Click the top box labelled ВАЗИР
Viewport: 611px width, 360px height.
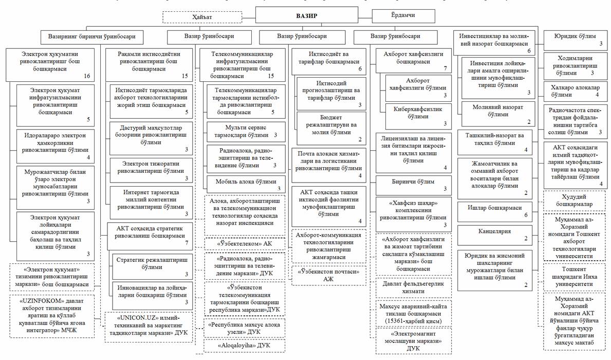coord(306,16)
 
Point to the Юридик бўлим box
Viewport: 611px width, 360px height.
coord(575,40)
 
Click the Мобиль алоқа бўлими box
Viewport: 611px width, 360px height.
coord(246,184)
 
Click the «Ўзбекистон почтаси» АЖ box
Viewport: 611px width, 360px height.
coord(329,273)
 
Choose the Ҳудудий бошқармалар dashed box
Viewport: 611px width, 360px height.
coord(575,200)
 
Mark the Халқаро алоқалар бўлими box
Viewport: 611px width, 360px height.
coord(575,91)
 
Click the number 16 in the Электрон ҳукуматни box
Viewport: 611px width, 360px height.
coord(87,76)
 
